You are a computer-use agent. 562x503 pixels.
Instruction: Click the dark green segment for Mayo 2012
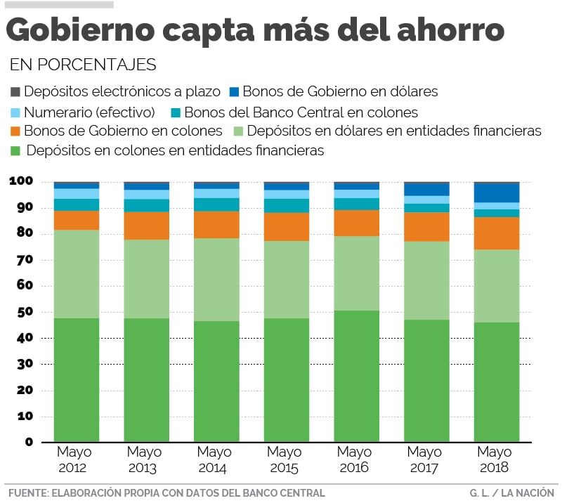pyautogui.click(x=77, y=379)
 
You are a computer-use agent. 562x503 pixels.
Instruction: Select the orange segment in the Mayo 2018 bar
pyautogui.click(x=497, y=233)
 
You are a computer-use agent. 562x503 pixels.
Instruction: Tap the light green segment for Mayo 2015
pyautogui.click(x=287, y=280)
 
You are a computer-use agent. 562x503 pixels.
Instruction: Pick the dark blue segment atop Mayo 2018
pyautogui.click(x=497, y=192)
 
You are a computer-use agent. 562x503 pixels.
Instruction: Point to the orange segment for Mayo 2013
pyautogui.click(x=147, y=226)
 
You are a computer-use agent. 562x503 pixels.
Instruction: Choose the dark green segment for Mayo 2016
pyautogui.click(x=357, y=376)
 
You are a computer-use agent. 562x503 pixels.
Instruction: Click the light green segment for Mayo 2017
pyautogui.click(x=426, y=280)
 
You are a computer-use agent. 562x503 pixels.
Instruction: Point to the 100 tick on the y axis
pyautogui.click(x=21, y=181)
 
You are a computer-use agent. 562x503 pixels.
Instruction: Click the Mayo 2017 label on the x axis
pyautogui.click(x=425, y=459)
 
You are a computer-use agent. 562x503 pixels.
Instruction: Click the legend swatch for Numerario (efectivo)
pyautogui.click(x=15, y=112)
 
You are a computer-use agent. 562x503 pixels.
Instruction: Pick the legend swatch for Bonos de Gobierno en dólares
pyautogui.click(x=235, y=91)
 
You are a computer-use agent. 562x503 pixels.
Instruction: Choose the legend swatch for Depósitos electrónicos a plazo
pyautogui.click(x=15, y=91)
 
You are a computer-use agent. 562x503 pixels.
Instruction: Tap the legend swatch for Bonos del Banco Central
pyautogui.click(x=176, y=112)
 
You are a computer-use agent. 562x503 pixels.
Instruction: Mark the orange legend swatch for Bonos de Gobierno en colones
pyautogui.click(x=15, y=131)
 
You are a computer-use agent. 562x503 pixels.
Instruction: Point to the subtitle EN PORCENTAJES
pyautogui.click(x=83, y=65)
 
